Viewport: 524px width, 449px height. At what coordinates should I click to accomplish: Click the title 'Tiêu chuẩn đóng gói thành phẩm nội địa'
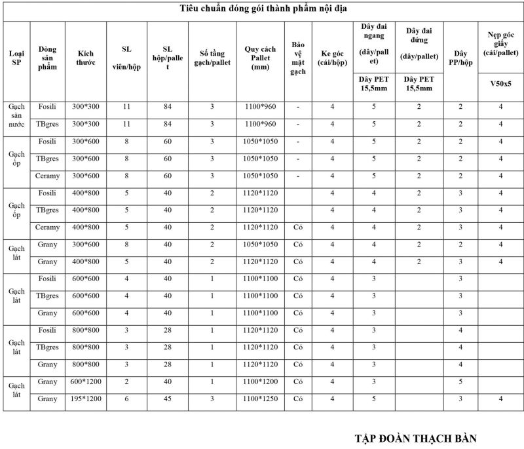[x=264, y=9]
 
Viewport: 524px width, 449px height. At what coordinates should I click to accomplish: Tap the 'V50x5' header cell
[x=500, y=83]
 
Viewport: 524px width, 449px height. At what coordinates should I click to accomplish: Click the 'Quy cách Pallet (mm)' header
[x=261, y=57]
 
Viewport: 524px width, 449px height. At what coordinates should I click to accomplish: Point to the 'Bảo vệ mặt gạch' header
[x=298, y=58]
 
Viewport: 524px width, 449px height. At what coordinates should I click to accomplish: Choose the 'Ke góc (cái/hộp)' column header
[x=333, y=57]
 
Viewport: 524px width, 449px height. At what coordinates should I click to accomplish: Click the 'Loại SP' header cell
[x=16, y=57]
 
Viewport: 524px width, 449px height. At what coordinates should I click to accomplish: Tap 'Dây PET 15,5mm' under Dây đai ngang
[x=374, y=83]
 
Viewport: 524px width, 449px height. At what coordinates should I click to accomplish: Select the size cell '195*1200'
[x=86, y=399]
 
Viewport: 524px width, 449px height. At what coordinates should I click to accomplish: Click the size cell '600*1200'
[x=86, y=381]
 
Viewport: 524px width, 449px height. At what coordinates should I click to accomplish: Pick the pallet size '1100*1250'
[x=261, y=399]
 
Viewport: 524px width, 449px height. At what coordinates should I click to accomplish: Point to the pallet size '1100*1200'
[x=261, y=381]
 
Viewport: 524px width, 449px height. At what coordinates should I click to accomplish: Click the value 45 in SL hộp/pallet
[x=168, y=399]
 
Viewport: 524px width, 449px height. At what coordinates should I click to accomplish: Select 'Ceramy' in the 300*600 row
[x=48, y=176]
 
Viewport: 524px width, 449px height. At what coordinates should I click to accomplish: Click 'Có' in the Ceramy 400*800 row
[x=298, y=227]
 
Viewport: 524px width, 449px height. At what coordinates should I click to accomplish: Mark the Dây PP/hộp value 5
[x=460, y=381]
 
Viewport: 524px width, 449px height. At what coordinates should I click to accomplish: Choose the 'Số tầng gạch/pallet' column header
[x=212, y=57]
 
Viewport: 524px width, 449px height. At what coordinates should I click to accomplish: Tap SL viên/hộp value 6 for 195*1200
[x=126, y=399]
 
